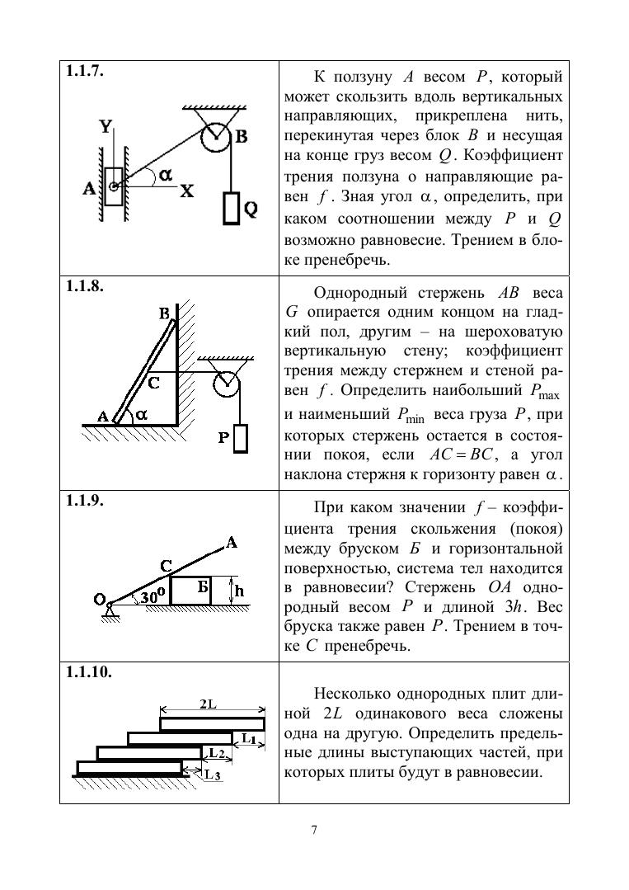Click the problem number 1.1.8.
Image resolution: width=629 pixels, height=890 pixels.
pos(85,285)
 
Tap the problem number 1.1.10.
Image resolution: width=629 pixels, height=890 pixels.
pos(89,672)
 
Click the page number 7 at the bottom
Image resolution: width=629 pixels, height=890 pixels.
pos(314,830)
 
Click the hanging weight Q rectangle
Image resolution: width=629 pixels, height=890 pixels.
pos(231,208)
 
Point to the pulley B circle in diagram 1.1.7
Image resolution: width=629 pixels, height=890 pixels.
pos(215,138)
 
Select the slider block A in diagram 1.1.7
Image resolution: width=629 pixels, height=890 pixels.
pos(114,186)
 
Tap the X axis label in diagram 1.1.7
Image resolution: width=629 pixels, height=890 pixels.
pos(186,192)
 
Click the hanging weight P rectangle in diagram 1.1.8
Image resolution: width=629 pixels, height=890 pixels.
pos(241,438)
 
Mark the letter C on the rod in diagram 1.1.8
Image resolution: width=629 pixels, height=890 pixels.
pos(153,384)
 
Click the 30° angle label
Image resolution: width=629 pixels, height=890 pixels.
pos(153,596)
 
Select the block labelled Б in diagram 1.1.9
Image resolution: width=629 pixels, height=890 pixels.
pos(191,591)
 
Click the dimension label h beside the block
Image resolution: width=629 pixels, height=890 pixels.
pos(239,591)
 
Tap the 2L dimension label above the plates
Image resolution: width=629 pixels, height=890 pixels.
pos(208,704)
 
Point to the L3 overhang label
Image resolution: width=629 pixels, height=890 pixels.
pos(213,775)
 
